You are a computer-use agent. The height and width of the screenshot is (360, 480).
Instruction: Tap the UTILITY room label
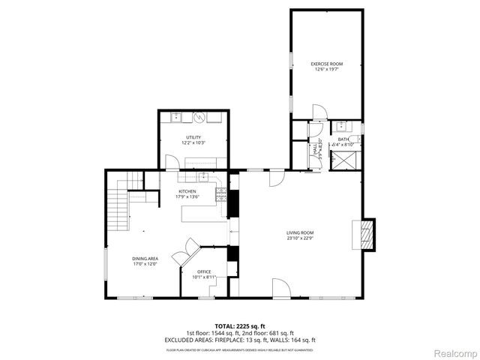194,136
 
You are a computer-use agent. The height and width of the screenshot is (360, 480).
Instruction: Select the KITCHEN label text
187,191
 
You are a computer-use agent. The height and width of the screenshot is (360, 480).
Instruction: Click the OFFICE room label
204,271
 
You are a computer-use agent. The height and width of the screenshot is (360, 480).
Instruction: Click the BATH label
343,139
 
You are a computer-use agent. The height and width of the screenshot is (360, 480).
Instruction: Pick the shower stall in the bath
347,158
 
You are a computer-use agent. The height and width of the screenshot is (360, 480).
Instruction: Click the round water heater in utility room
199,118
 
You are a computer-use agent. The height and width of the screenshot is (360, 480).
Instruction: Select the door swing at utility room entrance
172,162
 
